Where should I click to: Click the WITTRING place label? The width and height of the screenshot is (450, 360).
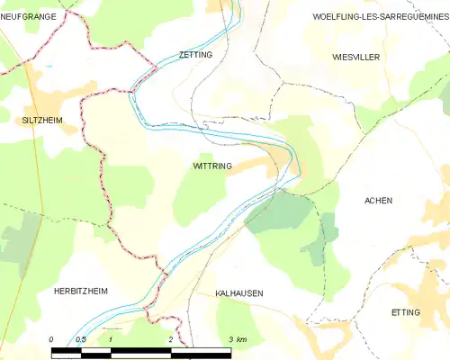tap(212, 166)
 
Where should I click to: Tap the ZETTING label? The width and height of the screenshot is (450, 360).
tap(196, 55)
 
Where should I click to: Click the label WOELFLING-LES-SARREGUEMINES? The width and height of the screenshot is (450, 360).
tap(379, 17)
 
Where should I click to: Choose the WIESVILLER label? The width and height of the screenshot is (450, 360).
tap(355, 57)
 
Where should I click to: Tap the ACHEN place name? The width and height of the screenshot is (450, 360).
tap(378, 201)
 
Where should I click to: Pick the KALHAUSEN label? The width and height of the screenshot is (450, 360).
tap(239, 293)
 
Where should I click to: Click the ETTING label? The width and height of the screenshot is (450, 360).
tap(406, 310)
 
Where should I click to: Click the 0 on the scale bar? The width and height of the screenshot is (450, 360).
tap(51, 339)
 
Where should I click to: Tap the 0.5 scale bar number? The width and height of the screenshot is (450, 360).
tap(80, 339)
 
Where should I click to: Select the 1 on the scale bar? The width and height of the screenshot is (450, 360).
tap(110, 339)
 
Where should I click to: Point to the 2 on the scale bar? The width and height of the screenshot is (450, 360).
tap(170, 339)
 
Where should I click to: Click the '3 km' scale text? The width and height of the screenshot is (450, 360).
tap(237, 339)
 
